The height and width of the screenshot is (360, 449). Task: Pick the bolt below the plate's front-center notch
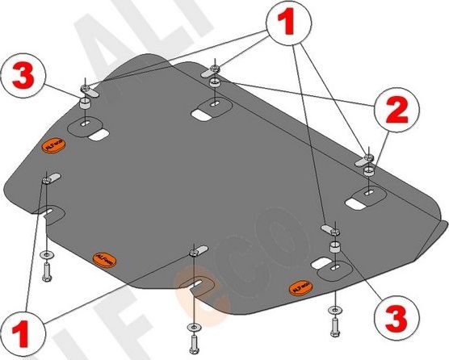point(194,329)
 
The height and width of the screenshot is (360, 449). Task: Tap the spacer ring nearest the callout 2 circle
point(367,171)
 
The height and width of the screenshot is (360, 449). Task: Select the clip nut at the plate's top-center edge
point(214,70)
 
